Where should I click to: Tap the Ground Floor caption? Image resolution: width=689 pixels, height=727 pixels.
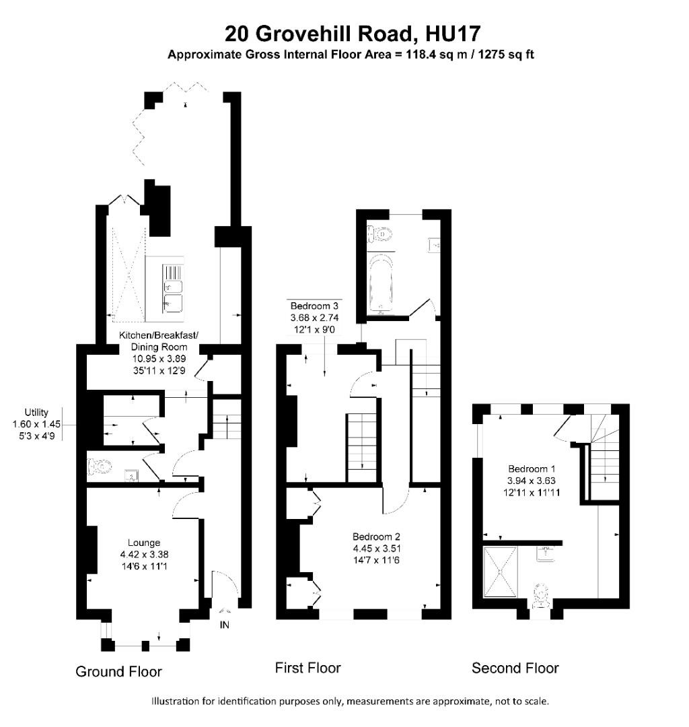118,671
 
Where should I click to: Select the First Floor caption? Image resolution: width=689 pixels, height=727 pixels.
307,668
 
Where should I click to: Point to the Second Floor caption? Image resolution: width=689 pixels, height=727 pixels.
515,668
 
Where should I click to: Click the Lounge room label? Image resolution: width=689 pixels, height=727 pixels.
144,543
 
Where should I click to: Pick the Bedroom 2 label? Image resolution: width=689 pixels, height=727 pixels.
376,536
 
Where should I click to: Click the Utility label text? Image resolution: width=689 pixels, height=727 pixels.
36,412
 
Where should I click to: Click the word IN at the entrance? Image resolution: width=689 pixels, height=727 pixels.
225,625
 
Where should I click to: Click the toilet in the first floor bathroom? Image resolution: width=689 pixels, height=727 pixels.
380,235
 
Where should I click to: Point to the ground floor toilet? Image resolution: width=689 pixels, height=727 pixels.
100,466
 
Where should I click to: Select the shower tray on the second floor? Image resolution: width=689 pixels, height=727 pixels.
501,570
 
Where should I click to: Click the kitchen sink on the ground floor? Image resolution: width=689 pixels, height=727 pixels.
172,296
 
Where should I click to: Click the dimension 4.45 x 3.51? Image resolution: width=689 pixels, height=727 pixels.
376,548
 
